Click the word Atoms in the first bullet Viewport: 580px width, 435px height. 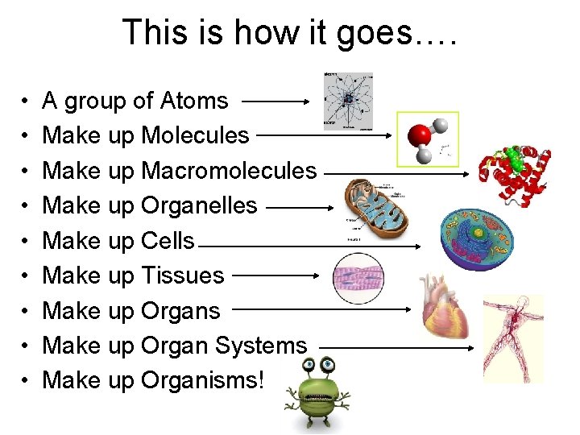click(194, 101)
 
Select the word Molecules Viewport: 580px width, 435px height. click(195, 136)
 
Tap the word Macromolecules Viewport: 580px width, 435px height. click(229, 171)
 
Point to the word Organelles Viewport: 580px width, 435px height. click(199, 205)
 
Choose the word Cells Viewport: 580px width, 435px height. click(168, 240)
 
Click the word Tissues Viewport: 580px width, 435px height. click(182, 275)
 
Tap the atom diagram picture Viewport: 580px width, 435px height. click(347, 101)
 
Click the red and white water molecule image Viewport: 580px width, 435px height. click(427, 139)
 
